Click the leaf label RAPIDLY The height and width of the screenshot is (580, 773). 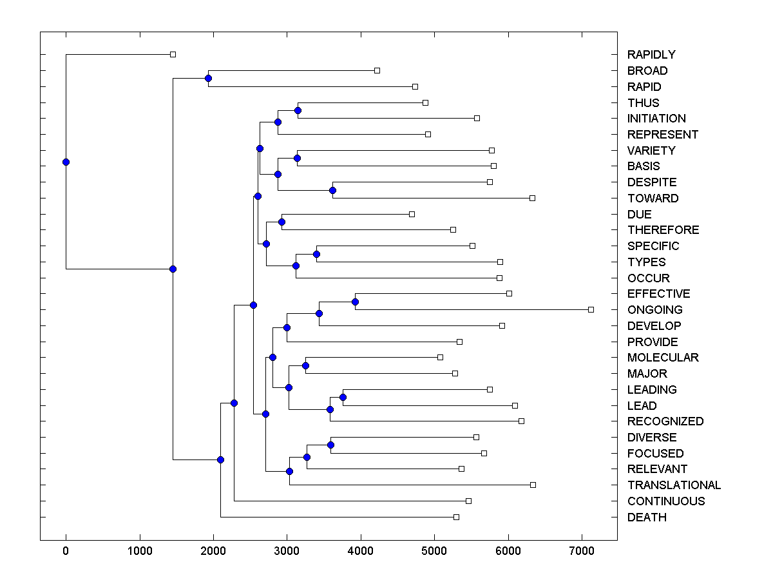coord(651,55)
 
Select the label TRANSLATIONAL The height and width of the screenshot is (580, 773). coord(674,485)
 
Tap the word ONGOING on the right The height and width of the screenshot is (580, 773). coord(654,310)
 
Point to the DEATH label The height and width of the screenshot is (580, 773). coord(647,517)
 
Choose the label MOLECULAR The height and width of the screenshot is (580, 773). coord(663,358)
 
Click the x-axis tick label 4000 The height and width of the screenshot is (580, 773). coord(360,552)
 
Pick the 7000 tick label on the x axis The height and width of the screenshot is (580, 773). coord(582,552)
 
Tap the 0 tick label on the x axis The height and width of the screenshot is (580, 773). coord(66,552)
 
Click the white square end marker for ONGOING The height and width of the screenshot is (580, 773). coord(591,310)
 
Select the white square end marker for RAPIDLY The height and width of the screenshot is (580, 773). coord(173,55)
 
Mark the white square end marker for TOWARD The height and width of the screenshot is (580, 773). coord(532,198)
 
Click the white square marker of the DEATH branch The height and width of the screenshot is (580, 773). coord(456,517)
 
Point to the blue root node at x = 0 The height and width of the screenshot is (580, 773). coord(66,162)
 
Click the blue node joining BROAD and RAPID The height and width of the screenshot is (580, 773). coord(208,78)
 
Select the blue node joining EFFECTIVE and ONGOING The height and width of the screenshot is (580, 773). coord(355,302)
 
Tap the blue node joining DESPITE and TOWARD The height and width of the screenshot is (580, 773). coord(332,190)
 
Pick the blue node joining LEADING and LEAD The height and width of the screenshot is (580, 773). coord(343,397)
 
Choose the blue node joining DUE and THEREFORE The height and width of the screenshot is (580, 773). coord(282,222)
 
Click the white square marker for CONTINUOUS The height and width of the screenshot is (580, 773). coord(468,501)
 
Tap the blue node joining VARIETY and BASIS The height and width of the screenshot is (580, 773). coord(297,158)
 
